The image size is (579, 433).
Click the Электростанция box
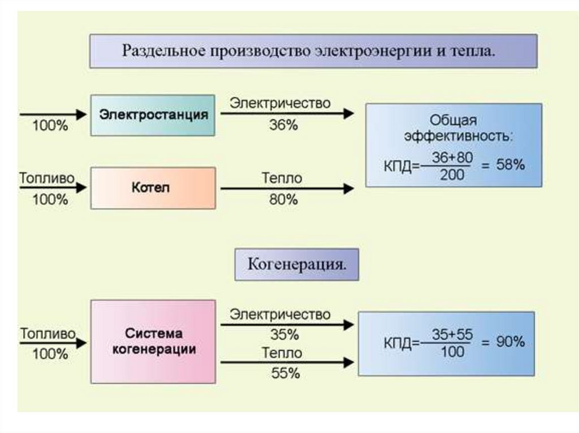[x=153, y=115]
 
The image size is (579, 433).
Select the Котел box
[x=153, y=188]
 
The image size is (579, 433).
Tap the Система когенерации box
[x=153, y=342]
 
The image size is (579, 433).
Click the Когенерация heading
[x=296, y=264]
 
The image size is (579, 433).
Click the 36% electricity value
[x=283, y=126]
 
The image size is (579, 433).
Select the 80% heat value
[x=283, y=200]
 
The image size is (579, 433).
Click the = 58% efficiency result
[x=503, y=165]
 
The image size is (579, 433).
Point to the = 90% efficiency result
[x=503, y=342]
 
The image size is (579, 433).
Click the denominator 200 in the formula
[x=452, y=175]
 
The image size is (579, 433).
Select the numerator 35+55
[x=452, y=334]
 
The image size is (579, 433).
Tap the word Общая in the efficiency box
[x=453, y=120]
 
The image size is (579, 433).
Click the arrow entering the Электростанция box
[x=53, y=115]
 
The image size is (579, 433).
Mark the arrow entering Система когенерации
[x=53, y=343]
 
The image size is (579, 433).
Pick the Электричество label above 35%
[x=280, y=314]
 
